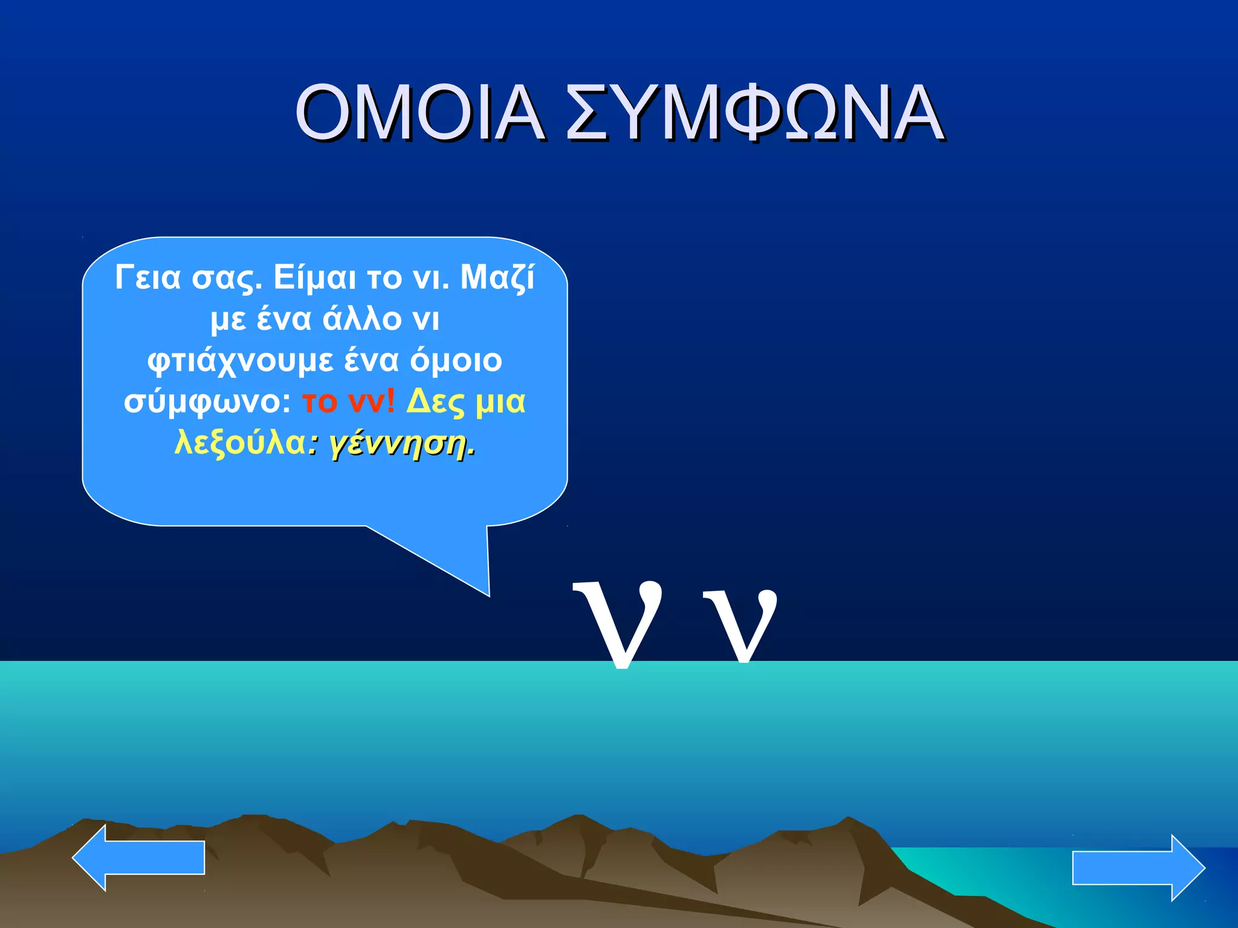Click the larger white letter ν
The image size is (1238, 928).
click(618, 622)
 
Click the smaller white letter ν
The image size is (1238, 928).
click(740, 625)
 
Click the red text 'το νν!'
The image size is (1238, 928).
click(348, 401)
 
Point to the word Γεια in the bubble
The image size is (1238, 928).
click(147, 277)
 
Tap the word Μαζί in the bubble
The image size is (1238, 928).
click(497, 278)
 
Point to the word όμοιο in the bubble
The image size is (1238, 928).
click(456, 360)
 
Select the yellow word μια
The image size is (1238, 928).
click(501, 402)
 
